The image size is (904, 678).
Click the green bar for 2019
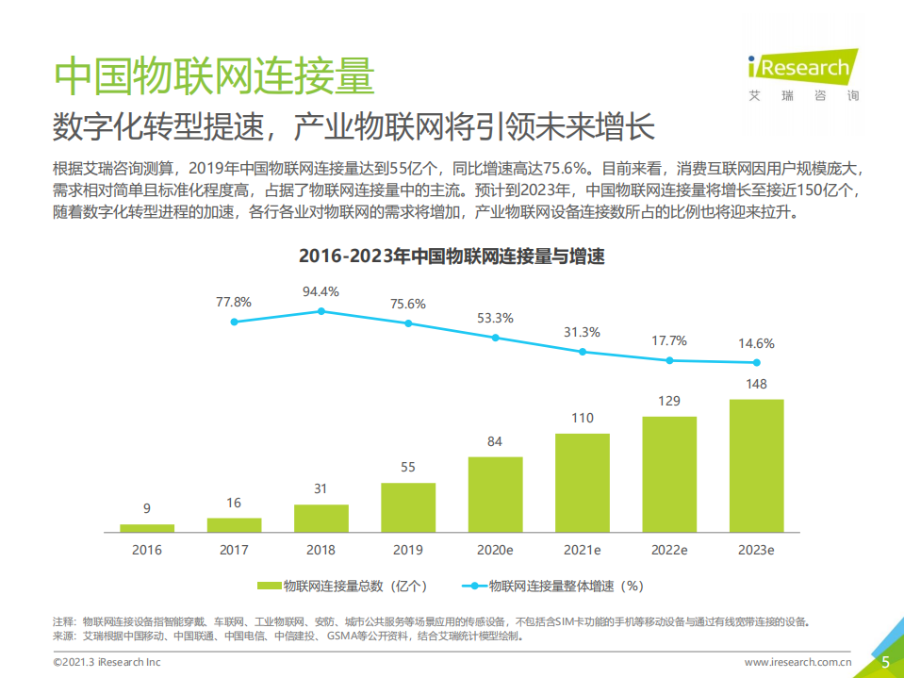tap(408, 507)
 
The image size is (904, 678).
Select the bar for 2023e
tap(757, 465)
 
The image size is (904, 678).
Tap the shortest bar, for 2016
tap(147, 528)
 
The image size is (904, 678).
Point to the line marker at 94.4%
tap(321, 311)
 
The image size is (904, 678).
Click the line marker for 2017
tap(234, 322)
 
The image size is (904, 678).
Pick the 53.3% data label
tap(495, 318)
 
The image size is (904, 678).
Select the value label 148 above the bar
tap(756, 384)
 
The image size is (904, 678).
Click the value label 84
tap(495, 441)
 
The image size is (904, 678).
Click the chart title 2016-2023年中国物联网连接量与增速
tap(452, 256)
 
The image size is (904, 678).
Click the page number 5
tap(885, 662)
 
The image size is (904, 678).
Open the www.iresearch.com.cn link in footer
tap(798, 663)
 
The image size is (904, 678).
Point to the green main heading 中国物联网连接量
tap(215, 76)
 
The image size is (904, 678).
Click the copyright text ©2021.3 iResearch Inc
tap(107, 663)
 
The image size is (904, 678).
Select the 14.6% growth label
tap(757, 344)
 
